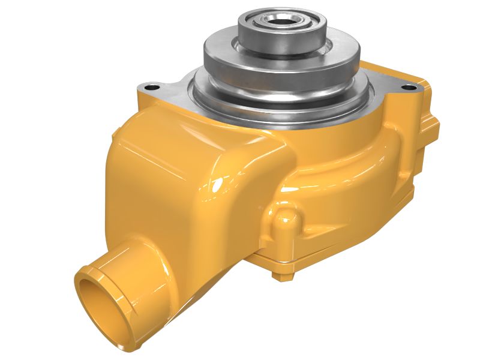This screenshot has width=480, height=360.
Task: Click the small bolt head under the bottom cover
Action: [x=277, y=275]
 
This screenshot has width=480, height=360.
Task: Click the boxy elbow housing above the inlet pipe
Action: [x=174, y=174]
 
